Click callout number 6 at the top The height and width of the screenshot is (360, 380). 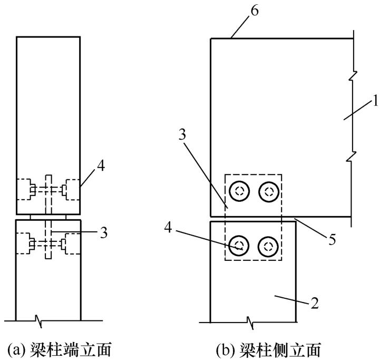click(x=255, y=11)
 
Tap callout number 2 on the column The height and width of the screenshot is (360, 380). click(x=315, y=303)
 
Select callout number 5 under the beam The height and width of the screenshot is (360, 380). click(x=332, y=239)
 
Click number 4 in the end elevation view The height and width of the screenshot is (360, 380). click(x=101, y=167)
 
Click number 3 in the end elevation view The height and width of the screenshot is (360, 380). click(x=104, y=232)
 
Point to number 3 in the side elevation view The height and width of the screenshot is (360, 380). click(x=182, y=134)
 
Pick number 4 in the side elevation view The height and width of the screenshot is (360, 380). click(x=168, y=228)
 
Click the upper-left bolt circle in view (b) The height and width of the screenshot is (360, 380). click(x=239, y=191)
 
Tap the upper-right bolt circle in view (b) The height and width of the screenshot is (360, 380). click(x=269, y=191)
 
